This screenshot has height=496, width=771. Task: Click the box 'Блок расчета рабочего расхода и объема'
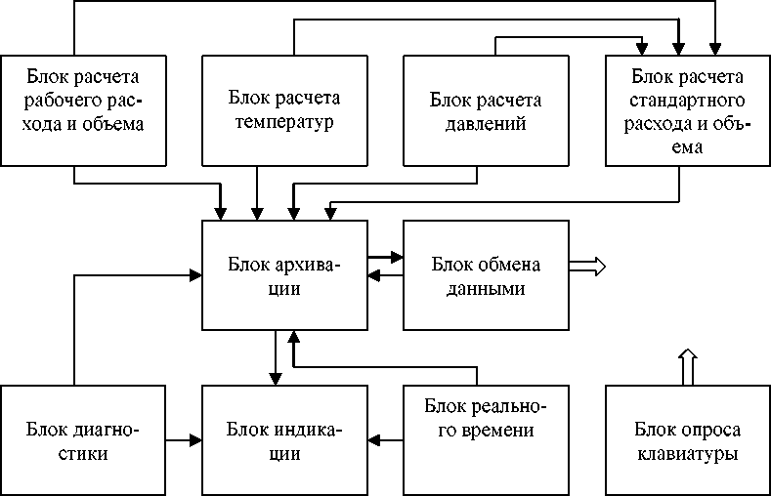point(82,109)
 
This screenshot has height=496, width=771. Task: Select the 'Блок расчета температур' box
point(283,109)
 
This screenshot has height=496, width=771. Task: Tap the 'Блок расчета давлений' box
point(486,109)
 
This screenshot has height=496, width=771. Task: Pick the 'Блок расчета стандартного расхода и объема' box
point(687,109)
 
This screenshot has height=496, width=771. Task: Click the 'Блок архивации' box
point(283,275)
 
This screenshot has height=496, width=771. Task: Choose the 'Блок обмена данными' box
point(486,275)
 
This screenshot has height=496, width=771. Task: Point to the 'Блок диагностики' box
point(82,440)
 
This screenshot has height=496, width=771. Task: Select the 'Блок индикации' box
point(283,440)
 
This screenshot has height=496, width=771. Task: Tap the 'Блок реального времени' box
point(486,440)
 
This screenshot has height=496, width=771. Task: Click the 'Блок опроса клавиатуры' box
point(687,440)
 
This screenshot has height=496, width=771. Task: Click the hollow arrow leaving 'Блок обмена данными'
point(589,265)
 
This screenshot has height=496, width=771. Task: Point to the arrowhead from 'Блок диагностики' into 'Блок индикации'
point(193,440)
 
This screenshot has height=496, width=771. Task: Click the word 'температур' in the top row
point(283,123)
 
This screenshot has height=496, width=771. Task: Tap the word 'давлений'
point(486,123)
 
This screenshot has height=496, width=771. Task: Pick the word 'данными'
point(486,289)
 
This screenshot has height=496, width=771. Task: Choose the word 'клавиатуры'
point(687,454)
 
